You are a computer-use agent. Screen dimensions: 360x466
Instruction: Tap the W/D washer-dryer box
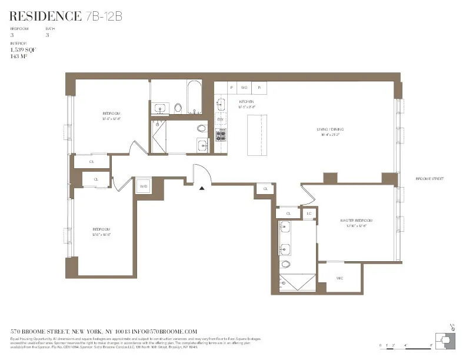[143, 186]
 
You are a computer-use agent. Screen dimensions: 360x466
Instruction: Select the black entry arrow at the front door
[202, 188]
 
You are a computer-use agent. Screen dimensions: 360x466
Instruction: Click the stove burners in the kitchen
[221, 135]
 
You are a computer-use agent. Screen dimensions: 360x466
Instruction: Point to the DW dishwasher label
[220, 120]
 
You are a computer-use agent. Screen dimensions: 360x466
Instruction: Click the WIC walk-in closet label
[339, 278]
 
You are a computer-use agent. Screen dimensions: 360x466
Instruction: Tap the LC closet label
[309, 214]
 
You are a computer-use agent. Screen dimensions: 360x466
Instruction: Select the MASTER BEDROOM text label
[356, 221]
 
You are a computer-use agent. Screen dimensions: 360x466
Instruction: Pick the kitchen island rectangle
[256, 135]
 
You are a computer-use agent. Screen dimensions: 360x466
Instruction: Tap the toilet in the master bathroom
[285, 264]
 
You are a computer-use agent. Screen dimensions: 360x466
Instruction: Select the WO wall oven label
[244, 88]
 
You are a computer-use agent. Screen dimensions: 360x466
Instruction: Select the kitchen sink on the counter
[221, 105]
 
